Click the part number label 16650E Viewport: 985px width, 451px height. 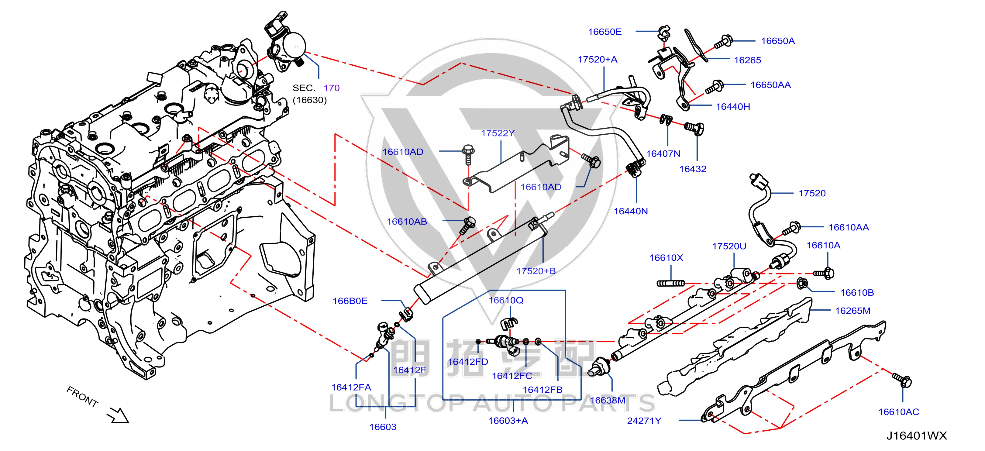(604, 32)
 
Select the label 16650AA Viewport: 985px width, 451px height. (770, 85)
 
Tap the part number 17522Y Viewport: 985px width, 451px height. (498, 133)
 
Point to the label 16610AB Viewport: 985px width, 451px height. (407, 222)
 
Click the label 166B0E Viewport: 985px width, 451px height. (350, 301)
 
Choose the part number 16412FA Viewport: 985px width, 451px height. (351, 387)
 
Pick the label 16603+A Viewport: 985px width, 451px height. (508, 420)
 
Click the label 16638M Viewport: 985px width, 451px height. (608, 400)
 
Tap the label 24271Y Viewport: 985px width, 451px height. (644, 420)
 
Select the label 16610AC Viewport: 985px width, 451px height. (899, 411)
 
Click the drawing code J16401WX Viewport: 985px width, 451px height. (917, 436)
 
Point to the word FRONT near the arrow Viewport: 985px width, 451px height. (82, 396)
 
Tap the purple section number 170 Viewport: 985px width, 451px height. (332, 88)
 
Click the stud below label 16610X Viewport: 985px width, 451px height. (671, 283)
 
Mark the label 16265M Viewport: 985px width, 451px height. (853, 311)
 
